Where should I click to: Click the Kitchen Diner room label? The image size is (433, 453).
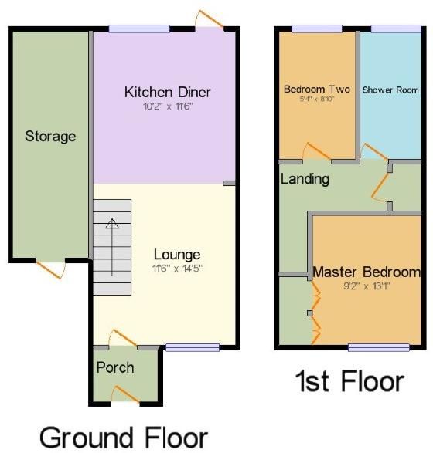[168, 93]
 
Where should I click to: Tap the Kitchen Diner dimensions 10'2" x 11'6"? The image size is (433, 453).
[168, 107]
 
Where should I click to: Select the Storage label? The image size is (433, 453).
[50, 137]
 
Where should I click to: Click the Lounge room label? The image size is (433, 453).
[177, 255]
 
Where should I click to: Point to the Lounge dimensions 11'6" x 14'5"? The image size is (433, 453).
[177, 269]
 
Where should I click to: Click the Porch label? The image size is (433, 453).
[114, 367]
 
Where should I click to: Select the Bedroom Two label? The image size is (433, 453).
[315, 88]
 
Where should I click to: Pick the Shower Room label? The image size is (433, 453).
[390, 90]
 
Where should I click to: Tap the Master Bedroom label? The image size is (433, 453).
[367, 272]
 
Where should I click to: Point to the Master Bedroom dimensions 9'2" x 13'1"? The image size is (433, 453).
[367, 286]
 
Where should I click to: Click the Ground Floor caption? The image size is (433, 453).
[123, 437]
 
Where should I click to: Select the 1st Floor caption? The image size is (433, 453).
[349, 381]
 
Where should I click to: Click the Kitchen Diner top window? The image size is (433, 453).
[139, 29]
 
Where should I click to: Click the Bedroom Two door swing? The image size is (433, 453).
[315, 151]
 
